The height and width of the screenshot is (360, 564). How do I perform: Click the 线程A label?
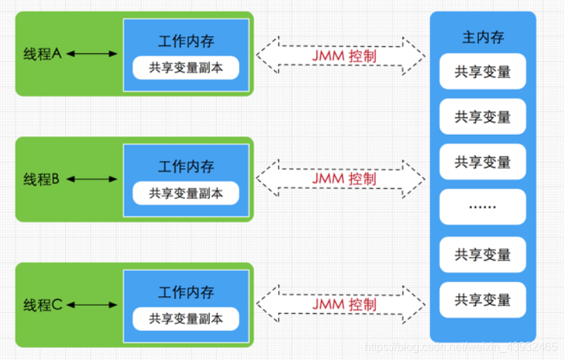(43, 53)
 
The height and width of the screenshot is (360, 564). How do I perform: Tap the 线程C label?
(43, 305)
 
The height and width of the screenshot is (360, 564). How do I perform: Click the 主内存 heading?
(482, 37)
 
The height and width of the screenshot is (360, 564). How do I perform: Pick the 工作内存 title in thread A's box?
(186, 41)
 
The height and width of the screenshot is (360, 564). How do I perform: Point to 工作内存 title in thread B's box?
(186, 167)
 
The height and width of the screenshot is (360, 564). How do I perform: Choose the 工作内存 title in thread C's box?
(186, 293)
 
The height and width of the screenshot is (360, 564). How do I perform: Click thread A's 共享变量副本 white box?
(186, 67)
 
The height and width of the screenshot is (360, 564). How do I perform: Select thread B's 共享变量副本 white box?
(186, 193)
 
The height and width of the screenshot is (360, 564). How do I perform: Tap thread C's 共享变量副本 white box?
(186, 319)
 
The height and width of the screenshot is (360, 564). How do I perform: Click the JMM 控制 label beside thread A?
(345, 55)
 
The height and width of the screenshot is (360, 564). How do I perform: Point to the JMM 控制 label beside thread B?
(345, 178)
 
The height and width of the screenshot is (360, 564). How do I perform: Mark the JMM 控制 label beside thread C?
(345, 304)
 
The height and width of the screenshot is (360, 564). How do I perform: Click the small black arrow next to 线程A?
(92, 53)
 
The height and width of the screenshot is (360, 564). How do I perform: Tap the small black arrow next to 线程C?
(92, 305)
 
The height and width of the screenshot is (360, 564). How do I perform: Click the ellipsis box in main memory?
(482, 207)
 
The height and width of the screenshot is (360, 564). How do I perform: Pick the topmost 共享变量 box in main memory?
(482, 72)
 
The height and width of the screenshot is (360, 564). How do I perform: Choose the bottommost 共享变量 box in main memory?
(482, 300)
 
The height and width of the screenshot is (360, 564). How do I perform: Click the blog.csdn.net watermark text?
(461, 347)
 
